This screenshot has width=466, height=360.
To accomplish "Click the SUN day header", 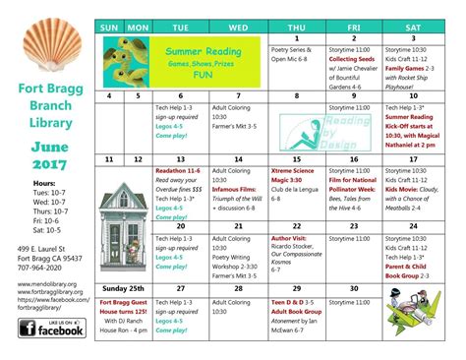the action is click(x=108, y=27).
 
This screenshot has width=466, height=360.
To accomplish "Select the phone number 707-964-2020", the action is click(x=40, y=268).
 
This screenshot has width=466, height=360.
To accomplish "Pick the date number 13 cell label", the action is click(x=180, y=157).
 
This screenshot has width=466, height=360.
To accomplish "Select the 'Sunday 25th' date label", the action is click(x=123, y=289).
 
